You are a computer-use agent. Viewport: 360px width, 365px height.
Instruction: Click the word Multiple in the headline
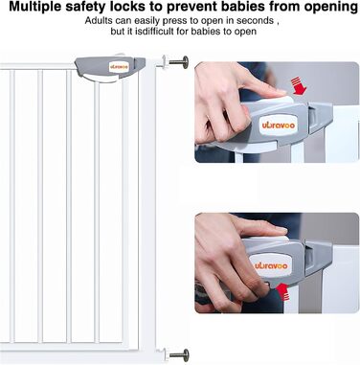(x=35, y=7)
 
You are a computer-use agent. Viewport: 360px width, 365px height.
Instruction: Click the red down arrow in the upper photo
(x=299, y=85)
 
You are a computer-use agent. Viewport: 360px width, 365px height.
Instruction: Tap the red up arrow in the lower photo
(x=283, y=292)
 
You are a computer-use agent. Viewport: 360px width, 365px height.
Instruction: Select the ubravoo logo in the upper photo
(x=279, y=125)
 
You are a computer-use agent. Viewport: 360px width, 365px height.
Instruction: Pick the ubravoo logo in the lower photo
(x=272, y=265)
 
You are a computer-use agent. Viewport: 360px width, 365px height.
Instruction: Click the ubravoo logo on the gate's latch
(x=119, y=67)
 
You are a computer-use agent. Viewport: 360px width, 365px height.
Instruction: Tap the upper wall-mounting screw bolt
(x=178, y=61)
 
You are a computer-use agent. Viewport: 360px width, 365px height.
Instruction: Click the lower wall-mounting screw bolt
(x=179, y=354)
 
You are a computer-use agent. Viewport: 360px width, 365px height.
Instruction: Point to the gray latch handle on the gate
(x=110, y=68)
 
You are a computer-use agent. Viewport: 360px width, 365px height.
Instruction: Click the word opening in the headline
(x=330, y=8)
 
